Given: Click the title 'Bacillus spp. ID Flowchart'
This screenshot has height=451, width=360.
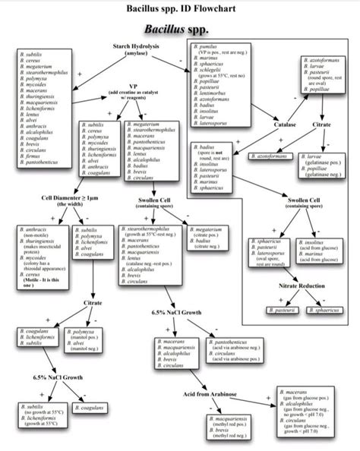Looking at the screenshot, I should [x=180, y=11].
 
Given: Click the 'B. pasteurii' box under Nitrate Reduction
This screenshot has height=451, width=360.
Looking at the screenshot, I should [x=276, y=311].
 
